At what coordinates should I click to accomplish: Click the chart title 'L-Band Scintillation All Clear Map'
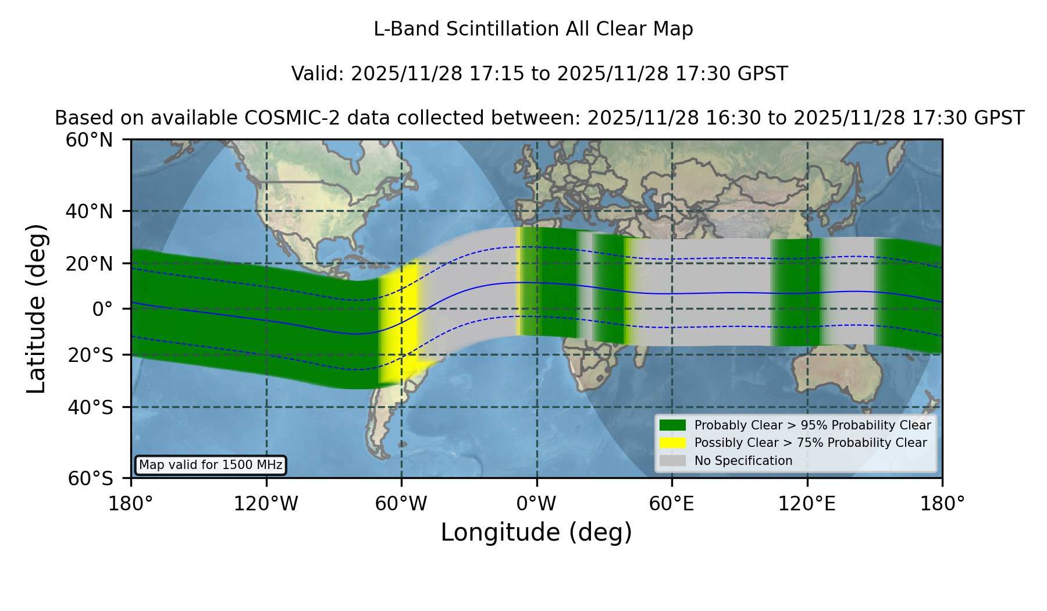click(x=533, y=29)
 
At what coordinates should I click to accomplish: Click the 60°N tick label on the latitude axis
click(x=89, y=140)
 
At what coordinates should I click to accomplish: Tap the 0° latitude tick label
click(x=102, y=309)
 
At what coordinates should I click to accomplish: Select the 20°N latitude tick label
click(x=89, y=264)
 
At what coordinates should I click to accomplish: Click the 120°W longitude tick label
click(x=266, y=503)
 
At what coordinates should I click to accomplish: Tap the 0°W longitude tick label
click(x=536, y=503)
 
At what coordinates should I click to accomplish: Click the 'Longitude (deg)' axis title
click(x=536, y=532)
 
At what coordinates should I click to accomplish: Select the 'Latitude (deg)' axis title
click(x=36, y=308)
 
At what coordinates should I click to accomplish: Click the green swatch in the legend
click(x=672, y=425)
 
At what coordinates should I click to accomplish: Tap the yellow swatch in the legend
click(x=672, y=443)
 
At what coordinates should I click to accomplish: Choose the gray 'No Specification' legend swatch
click(x=672, y=461)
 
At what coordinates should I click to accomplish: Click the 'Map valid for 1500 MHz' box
click(x=211, y=465)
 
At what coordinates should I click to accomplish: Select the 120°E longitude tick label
click(x=807, y=503)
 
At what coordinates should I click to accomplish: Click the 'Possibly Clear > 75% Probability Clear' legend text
click(x=810, y=443)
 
